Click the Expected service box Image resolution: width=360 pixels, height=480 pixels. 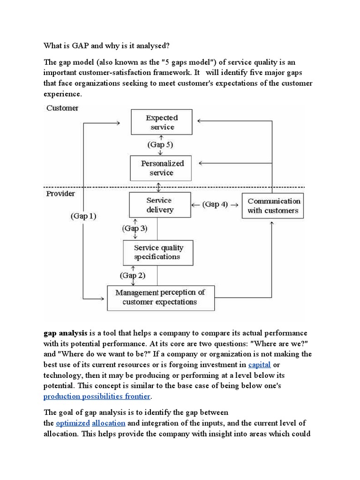click(x=162, y=123)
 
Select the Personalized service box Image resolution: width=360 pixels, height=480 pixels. click(x=161, y=168)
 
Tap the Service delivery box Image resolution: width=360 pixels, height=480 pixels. click(x=160, y=205)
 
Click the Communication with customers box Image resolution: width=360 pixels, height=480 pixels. click(x=273, y=206)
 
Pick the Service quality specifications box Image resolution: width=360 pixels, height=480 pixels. click(x=158, y=252)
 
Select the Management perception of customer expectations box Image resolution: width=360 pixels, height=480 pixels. click(x=160, y=297)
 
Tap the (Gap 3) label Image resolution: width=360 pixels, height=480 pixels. click(x=135, y=229)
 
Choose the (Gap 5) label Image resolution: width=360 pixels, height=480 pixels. click(x=161, y=145)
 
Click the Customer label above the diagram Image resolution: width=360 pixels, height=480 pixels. click(x=62, y=108)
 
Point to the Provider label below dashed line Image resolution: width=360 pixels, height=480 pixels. click(x=60, y=193)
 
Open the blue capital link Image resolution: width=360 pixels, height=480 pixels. click(x=259, y=365)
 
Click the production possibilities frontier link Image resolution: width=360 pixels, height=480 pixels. click(x=97, y=397)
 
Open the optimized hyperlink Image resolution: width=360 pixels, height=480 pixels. click(x=73, y=423)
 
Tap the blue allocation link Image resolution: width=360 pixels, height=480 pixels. click(x=108, y=423)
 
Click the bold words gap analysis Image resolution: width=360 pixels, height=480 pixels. click(x=65, y=333)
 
